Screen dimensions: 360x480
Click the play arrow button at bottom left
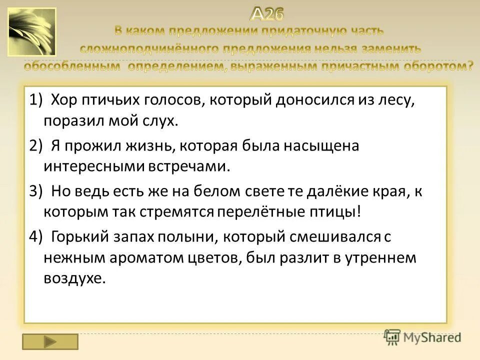point(50,341)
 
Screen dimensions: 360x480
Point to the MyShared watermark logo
point(423,337)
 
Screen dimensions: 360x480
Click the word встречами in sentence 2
point(189,166)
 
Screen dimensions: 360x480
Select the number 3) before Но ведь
point(36,191)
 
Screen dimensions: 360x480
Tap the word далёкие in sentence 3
point(335,191)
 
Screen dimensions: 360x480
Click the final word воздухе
point(74,278)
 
